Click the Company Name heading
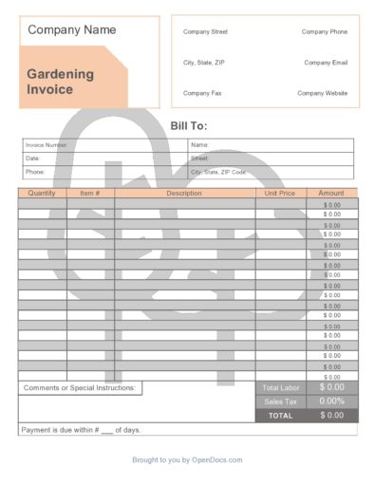(72, 30)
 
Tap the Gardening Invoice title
(60, 82)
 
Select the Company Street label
(205, 31)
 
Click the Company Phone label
(325, 31)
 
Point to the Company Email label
(326, 63)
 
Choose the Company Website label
(323, 93)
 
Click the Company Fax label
(201, 93)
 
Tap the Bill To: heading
(188, 126)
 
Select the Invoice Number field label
(46, 145)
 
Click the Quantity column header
(42, 194)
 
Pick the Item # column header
(90, 194)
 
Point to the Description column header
(184, 194)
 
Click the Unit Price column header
(280, 194)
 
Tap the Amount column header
(331, 194)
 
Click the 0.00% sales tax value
(332, 401)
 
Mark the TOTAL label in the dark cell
(280, 416)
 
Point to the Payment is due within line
(81, 430)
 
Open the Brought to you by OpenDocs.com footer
(187, 460)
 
